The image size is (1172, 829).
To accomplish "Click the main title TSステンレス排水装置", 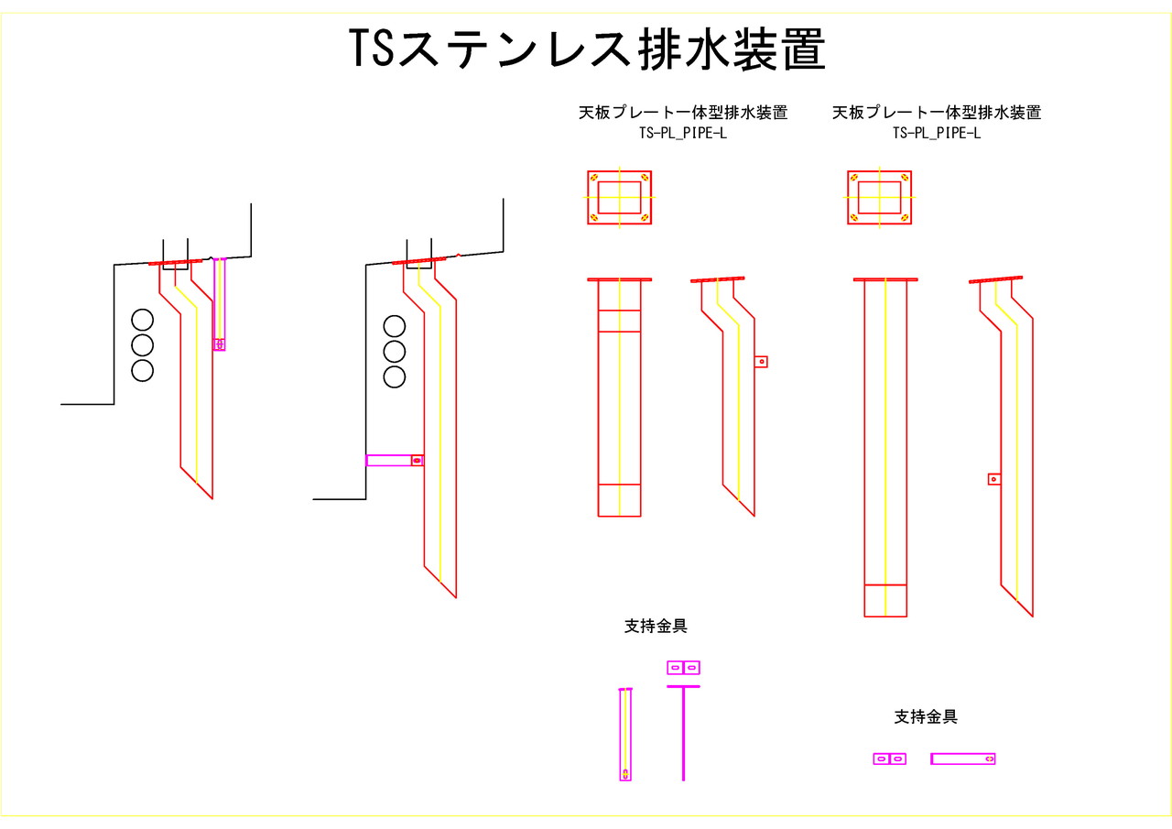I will (587, 49).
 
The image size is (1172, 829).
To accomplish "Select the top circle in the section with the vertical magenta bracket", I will (142, 320).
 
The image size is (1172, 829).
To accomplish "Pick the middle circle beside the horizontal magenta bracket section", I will (395, 351).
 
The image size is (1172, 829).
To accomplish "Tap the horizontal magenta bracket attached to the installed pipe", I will (394, 460).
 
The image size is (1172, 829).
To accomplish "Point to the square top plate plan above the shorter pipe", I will (620, 197).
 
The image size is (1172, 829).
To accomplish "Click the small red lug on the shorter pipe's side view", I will (761, 362).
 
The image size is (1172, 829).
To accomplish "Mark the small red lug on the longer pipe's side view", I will (993, 478).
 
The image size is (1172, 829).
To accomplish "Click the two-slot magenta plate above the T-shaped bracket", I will (684, 668).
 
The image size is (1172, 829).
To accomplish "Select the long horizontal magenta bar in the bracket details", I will (963, 758).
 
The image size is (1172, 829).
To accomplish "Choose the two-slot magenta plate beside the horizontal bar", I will (889, 758).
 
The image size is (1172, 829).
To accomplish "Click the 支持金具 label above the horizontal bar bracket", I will (926, 717).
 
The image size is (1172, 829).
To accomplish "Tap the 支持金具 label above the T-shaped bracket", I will (656, 627).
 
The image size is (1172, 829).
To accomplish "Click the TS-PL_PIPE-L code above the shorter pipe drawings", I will (683, 133).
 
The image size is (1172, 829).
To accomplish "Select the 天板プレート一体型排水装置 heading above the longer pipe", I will (937, 113).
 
